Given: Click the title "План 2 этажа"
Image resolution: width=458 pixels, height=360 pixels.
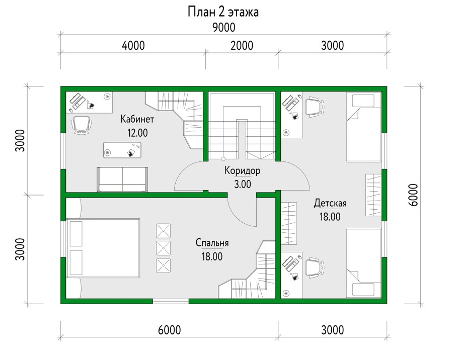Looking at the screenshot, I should click(x=223, y=12).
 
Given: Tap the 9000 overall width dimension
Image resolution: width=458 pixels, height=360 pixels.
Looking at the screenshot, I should click(x=223, y=27).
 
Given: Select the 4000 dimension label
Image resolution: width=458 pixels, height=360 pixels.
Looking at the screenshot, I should click(x=133, y=46).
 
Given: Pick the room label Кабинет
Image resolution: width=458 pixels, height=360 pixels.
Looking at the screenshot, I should click(x=137, y=119).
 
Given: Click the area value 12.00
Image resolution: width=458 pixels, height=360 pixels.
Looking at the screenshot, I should click(x=137, y=133).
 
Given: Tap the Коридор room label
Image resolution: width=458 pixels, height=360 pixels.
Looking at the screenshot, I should click(x=242, y=170).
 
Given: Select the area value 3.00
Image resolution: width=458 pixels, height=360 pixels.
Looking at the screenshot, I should click(x=242, y=184).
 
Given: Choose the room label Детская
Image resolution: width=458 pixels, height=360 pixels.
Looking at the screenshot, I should click(x=330, y=203).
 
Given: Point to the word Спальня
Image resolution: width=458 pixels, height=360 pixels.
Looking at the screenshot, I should click(x=212, y=243).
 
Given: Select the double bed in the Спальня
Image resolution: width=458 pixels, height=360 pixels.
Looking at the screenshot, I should click(x=103, y=248).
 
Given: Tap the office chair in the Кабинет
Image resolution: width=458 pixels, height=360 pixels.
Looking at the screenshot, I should click(x=82, y=124).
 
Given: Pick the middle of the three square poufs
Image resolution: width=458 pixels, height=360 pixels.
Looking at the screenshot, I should click(x=164, y=247).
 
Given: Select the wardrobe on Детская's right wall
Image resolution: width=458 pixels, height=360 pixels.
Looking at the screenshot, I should click(x=373, y=195).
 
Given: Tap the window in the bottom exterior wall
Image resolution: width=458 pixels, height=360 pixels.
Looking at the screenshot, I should click(x=170, y=301).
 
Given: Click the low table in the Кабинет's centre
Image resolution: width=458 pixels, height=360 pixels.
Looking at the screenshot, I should click(x=122, y=150).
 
